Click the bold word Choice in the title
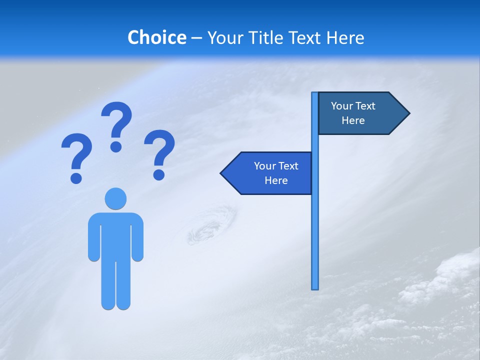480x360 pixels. click(x=156, y=37)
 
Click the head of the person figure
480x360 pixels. click(x=115, y=199)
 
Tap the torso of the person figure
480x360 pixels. click(x=115, y=235)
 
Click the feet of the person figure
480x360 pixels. click(x=115, y=304)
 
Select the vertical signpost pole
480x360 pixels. click(x=315, y=225)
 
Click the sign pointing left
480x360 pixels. click(x=270, y=173)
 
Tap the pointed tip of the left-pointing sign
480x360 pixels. click(x=222, y=173)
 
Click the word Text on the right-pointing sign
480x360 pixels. click(x=365, y=106)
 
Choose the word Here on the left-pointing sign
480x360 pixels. click(x=276, y=180)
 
